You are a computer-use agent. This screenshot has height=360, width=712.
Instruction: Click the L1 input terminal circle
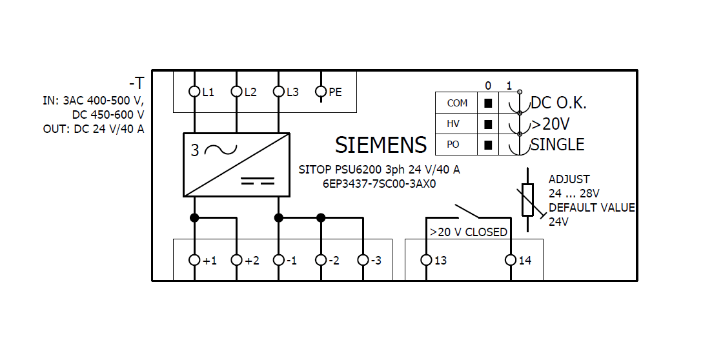(x=194, y=92)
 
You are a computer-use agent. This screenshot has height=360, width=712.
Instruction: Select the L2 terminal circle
(x=236, y=92)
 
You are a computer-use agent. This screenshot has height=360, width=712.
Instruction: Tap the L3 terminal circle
(x=278, y=92)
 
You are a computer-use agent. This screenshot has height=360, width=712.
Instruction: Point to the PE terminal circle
(x=321, y=92)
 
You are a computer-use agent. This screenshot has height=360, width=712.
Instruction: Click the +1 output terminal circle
(x=194, y=260)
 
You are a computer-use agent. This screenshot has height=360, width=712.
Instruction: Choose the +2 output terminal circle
(x=236, y=260)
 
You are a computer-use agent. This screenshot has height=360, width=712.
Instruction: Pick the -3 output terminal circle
(x=363, y=260)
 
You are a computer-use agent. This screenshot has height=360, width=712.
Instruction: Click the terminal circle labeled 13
(x=426, y=260)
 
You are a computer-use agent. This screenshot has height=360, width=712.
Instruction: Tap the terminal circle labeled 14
(x=511, y=260)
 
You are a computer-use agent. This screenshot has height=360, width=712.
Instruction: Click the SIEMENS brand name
(x=381, y=145)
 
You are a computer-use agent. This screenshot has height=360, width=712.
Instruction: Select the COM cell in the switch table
(x=457, y=103)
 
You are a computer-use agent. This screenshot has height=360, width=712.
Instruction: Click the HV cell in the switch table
(x=457, y=123)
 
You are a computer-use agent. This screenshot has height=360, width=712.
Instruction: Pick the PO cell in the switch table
(x=457, y=145)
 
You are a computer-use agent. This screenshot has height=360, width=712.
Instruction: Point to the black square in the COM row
(x=489, y=103)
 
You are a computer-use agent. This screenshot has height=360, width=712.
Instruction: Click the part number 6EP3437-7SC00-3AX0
(x=380, y=183)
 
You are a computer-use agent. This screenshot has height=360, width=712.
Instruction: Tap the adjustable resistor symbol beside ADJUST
(x=528, y=199)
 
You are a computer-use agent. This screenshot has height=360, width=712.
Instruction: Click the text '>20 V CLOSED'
(x=469, y=232)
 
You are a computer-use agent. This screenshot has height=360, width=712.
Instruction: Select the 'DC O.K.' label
(x=558, y=103)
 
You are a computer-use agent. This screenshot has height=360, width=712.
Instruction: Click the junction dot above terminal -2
(x=321, y=217)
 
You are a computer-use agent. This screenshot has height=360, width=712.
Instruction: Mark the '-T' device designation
(x=136, y=83)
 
